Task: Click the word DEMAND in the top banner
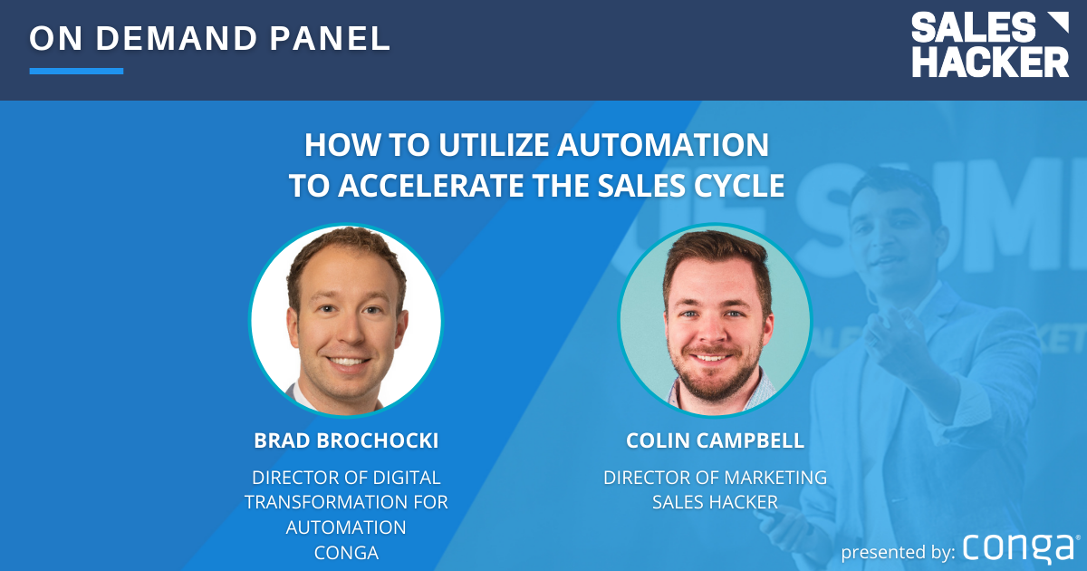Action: [x=177, y=38]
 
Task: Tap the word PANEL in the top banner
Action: [x=330, y=38]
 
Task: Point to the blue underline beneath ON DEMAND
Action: [x=76, y=71]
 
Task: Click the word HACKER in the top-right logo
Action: [x=990, y=62]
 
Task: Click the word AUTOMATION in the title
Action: [x=663, y=145]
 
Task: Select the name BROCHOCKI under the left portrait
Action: [x=377, y=440]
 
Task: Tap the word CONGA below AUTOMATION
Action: [x=346, y=553]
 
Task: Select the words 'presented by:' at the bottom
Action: [x=899, y=553]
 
